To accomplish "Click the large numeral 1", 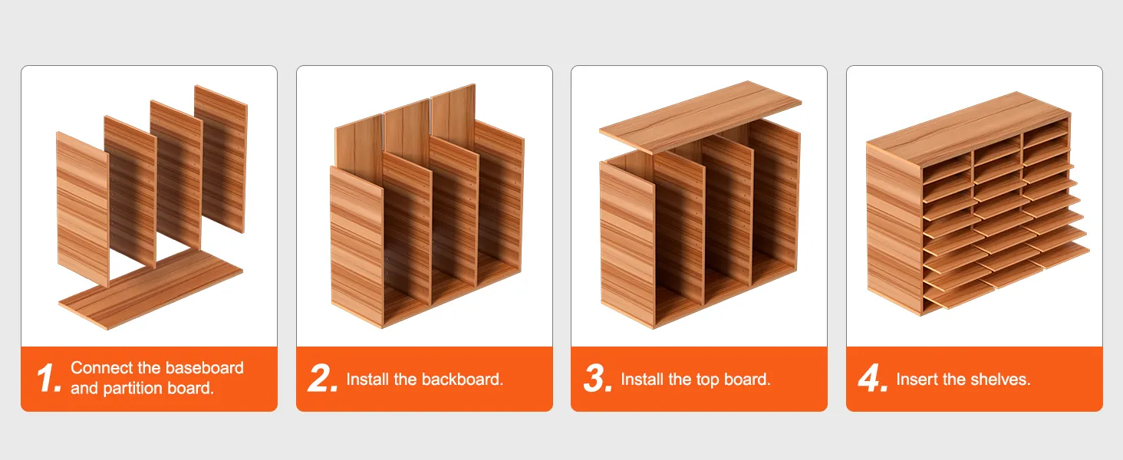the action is (48, 378).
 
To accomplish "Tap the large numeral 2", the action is (322, 378).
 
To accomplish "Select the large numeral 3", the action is (598, 378).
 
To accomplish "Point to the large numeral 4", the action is (872, 378).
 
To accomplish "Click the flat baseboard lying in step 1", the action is (151, 289).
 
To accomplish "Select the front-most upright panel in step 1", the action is (83, 209).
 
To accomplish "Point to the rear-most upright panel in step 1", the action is (221, 159).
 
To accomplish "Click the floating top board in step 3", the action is (700, 117).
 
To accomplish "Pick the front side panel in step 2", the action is (357, 248).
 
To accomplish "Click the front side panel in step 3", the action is (627, 245).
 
